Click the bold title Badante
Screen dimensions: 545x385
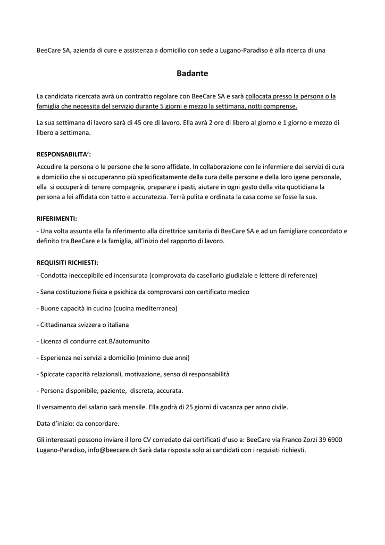pyautogui.click(x=192, y=73)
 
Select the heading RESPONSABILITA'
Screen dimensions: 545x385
pyautogui.click(x=63, y=154)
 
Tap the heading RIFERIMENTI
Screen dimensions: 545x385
pyautogui.click(x=57, y=219)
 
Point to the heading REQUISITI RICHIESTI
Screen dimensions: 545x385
pyautogui.click(x=68, y=263)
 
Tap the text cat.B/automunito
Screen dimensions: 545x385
pyautogui.click(x=122, y=341)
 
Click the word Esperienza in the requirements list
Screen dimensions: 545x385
pyautogui.click(x=57, y=358)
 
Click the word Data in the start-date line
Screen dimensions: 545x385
pyautogui.click(x=44, y=424)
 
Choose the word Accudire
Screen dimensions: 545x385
pyautogui.click(x=51, y=167)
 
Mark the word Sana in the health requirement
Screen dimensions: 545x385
pyautogui.click(x=48, y=292)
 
